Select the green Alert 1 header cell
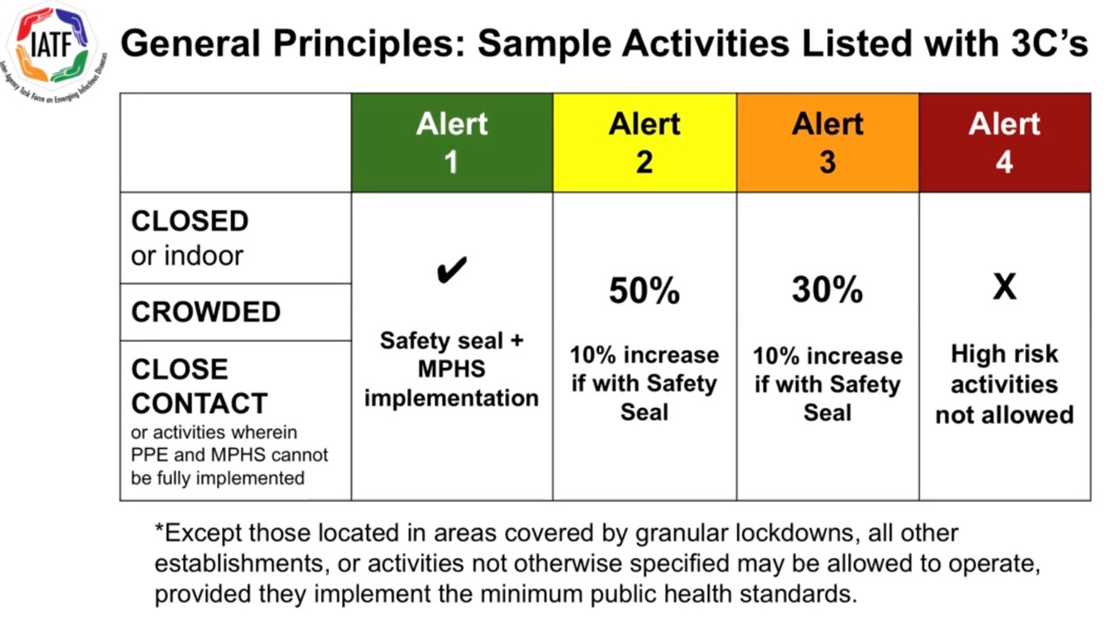(x=451, y=142)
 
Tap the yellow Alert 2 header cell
(x=644, y=142)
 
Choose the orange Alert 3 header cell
(x=827, y=142)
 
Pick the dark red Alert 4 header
(x=1004, y=142)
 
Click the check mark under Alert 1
(x=451, y=271)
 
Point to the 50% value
(x=644, y=292)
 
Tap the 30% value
(x=827, y=290)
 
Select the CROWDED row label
(x=206, y=312)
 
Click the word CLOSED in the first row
(x=190, y=221)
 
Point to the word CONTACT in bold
(x=200, y=404)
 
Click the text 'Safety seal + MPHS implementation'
(x=451, y=369)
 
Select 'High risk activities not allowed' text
(x=1004, y=384)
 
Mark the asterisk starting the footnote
(x=159, y=530)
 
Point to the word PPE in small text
(x=147, y=455)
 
